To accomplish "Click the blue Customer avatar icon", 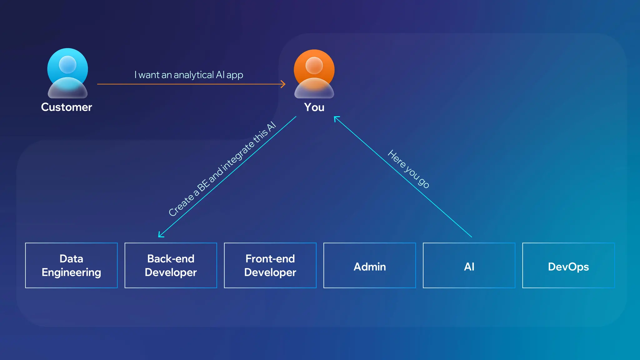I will coord(67,74).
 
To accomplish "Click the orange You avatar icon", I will coord(314,74).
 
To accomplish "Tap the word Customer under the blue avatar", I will coord(67,107).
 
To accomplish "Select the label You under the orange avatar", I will coord(314,107).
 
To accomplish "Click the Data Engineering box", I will coord(71,265).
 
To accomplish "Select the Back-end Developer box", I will coord(171,265).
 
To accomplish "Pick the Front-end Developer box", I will coord(270,265).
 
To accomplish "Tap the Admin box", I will coord(369,265).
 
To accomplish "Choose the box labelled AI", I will coord(469,265).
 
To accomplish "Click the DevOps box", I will coord(568,265).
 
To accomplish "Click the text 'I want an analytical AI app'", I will coord(189,75).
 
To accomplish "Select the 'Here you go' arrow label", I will coord(408,169).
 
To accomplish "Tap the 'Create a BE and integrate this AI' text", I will coord(222,169).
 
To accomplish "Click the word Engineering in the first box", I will coord(71,272).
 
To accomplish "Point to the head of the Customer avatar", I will coord(67,64).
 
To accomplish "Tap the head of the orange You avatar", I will coord(314,65).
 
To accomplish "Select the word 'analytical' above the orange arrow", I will coord(193,75).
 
